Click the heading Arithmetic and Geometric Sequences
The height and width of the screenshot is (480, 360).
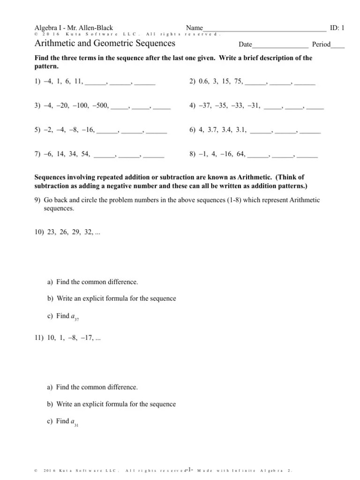[105, 44]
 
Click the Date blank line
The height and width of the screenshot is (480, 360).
[280, 45]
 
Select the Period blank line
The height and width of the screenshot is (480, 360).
[337, 45]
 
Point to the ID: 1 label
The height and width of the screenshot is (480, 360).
[337, 28]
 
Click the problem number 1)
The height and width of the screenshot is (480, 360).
[37, 82]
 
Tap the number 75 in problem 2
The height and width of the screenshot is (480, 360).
[238, 82]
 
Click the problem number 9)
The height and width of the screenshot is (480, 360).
[37, 200]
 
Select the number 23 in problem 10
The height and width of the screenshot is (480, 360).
[51, 232]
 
